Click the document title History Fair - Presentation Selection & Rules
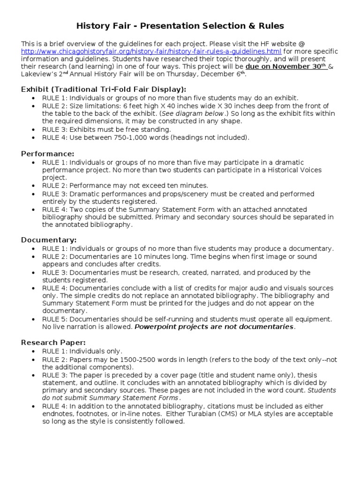(180, 25)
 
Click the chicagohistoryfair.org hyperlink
(151, 51)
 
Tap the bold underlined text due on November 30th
(286, 67)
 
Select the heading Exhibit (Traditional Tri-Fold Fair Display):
(104, 89)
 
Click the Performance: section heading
(48, 154)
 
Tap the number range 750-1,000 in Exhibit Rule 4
(133, 137)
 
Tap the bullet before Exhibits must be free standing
(32, 129)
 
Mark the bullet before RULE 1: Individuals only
(32, 352)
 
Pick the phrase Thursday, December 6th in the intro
(205, 75)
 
